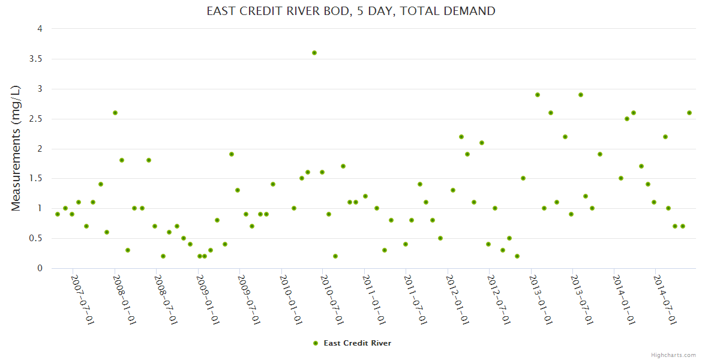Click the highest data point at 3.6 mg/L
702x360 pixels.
314,53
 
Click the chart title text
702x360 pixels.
351,11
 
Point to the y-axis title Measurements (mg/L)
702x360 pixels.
16,148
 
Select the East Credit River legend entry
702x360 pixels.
353,343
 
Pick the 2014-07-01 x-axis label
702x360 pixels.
665,299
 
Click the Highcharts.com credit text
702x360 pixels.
673,355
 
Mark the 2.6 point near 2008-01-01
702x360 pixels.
115,113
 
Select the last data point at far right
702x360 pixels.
689,113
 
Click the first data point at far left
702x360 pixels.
58,214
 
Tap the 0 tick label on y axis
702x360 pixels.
40,268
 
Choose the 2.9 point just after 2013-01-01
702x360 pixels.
538,95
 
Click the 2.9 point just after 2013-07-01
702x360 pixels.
581,95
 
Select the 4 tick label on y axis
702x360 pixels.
40,29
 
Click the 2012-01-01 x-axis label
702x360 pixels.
457,299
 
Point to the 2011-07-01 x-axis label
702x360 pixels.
415,299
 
